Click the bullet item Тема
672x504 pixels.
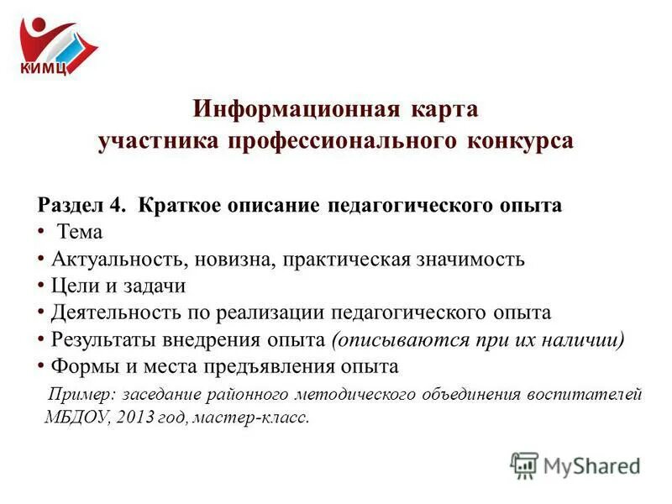pyautogui.click(x=80, y=232)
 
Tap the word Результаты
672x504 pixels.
pyautogui.click(x=101, y=339)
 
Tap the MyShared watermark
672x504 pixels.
pyautogui.click(x=576, y=465)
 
